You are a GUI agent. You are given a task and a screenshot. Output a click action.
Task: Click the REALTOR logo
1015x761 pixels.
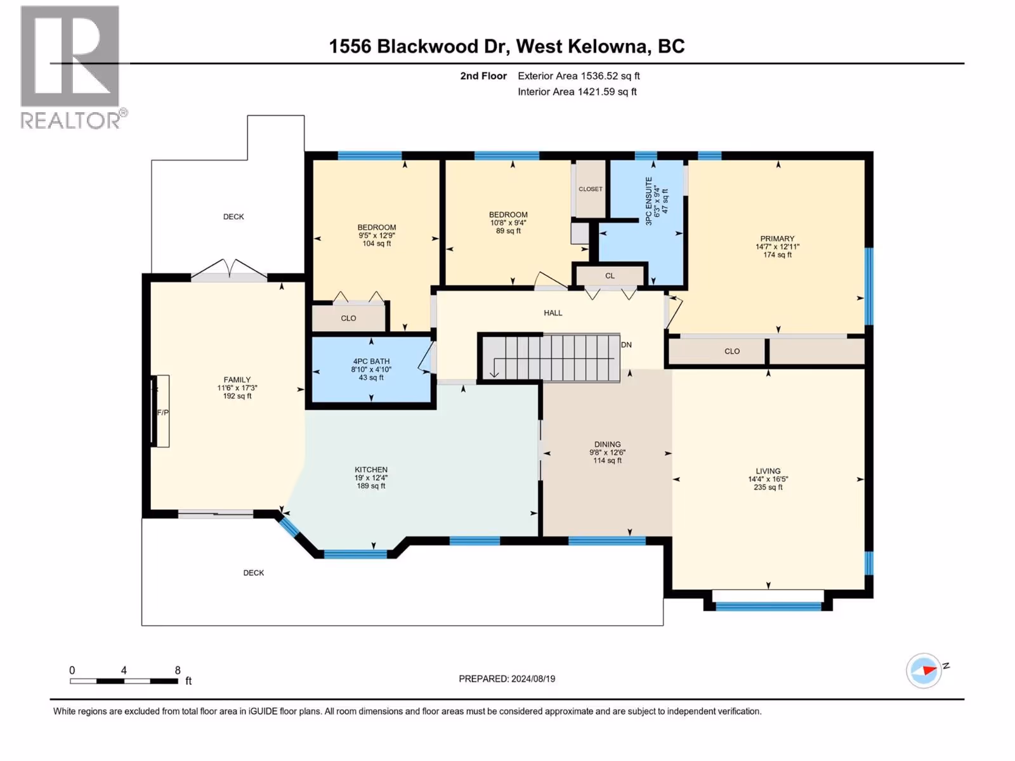tap(70, 67)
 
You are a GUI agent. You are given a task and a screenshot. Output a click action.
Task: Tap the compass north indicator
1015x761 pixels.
tap(924, 670)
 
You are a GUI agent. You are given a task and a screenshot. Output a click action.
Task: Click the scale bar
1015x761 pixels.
tap(124, 681)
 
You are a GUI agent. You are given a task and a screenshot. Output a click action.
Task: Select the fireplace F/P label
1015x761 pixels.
tap(163, 412)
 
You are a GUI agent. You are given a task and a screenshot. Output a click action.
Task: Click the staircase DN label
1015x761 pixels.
tap(626, 345)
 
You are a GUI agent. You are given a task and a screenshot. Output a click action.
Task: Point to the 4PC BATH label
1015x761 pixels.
tap(371, 361)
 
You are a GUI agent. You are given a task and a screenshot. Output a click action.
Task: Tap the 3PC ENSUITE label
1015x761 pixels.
tap(649, 200)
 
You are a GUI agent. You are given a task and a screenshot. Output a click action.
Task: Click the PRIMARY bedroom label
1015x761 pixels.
tap(777, 239)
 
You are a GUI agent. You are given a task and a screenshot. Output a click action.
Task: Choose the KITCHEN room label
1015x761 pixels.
tap(371, 470)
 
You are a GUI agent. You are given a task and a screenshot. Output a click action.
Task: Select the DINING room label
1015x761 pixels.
tap(607, 445)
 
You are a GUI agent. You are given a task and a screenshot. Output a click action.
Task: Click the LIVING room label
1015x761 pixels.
tap(768, 471)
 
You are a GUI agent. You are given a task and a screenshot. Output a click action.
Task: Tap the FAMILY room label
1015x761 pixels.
tap(237, 380)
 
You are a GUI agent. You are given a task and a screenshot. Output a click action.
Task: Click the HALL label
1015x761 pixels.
tap(553, 313)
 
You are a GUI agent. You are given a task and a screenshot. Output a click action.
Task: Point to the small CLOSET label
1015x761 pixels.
tap(591, 189)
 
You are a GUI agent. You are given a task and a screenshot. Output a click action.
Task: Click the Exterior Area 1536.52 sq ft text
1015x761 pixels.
tap(579, 76)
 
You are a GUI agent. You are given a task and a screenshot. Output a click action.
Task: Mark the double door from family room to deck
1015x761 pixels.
tap(230, 271)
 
